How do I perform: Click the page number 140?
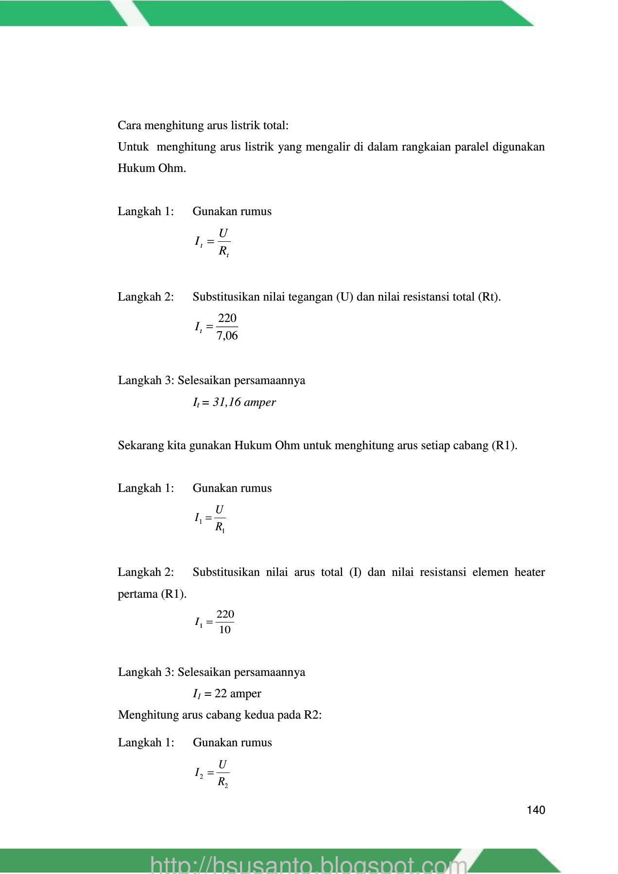tap(535, 810)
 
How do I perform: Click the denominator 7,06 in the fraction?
tap(227, 336)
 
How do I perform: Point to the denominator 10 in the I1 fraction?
tap(224, 630)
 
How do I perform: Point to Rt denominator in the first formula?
tap(223, 252)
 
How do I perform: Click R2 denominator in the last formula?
tap(223, 782)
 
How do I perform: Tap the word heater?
tap(529, 572)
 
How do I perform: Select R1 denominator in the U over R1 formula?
tap(220, 527)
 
